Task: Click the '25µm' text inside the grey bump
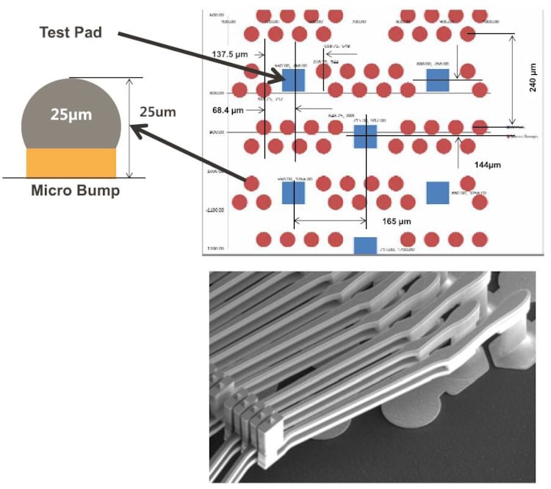(x=71, y=115)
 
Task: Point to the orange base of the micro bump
(x=71, y=162)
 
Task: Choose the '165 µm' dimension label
(x=397, y=220)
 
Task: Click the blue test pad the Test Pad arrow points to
(x=293, y=79)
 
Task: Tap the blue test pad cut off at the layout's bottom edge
(x=365, y=245)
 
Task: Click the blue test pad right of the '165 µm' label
(x=437, y=192)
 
